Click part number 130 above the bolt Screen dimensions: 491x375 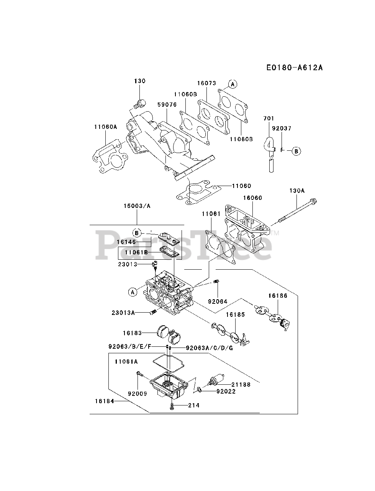[x=140, y=81]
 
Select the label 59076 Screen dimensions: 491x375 [x=167, y=104]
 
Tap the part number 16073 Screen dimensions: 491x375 [x=207, y=83]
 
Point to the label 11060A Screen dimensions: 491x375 [x=105, y=127]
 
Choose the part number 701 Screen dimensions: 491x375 [x=269, y=119]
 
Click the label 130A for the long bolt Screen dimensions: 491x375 [x=297, y=190]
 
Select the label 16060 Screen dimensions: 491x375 [x=252, y=198]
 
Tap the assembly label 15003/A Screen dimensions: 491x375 [x=137, y=206]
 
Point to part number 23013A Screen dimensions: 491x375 [x=123, y=313]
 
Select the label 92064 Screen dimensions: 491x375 [x=218, y=302]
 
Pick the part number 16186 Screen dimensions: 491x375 [x=277, y=296]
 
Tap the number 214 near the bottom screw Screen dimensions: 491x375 [x=194, y=405]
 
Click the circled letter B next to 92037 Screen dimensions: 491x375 [x=296, y=151]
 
